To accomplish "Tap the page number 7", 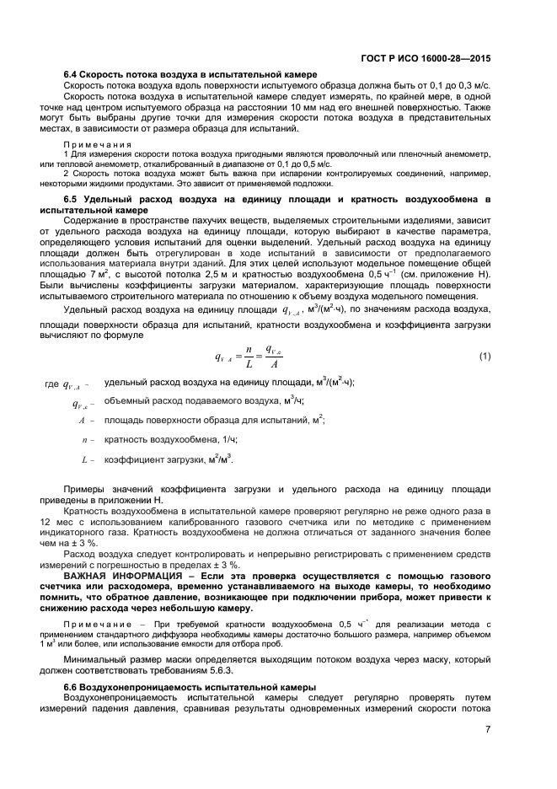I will tap(488, 729).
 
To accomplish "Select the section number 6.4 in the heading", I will tap(72, 75).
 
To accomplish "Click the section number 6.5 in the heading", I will tap(72, 199).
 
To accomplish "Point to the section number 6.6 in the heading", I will tap(72, 688).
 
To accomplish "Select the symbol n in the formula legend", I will tap(83, 439).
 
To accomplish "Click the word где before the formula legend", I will tap(51, 384).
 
